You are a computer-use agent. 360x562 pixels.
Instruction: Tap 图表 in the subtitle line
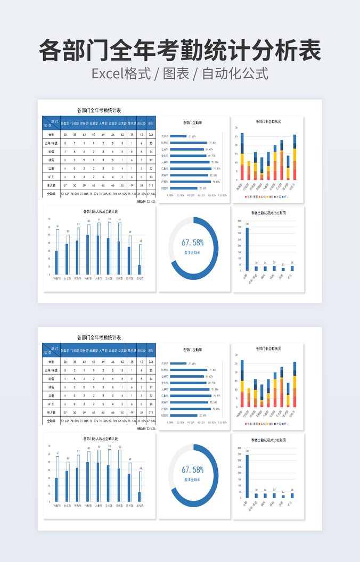[176, 74]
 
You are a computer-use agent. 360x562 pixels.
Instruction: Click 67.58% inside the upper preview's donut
[193, 242]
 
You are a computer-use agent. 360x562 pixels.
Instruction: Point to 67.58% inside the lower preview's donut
[193, 469]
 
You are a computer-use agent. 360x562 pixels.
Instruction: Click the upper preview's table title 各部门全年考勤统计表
[99, 110]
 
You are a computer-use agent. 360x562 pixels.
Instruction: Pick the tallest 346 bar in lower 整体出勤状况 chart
[247, 476]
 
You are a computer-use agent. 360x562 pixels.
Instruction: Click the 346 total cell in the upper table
[151, 135]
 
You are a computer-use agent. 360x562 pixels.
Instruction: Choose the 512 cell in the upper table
[151, 185]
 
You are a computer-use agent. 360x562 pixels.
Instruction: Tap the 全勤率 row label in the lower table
[51, 421]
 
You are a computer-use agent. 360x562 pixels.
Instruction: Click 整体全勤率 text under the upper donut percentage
[193, 253]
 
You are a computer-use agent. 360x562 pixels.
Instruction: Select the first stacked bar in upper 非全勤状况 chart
[242, 157]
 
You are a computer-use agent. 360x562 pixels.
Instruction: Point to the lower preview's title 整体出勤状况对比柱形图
[268, 440]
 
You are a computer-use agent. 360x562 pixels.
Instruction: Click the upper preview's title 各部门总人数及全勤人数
[101, 211]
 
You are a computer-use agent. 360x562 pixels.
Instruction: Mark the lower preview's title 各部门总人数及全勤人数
[101, 439]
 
